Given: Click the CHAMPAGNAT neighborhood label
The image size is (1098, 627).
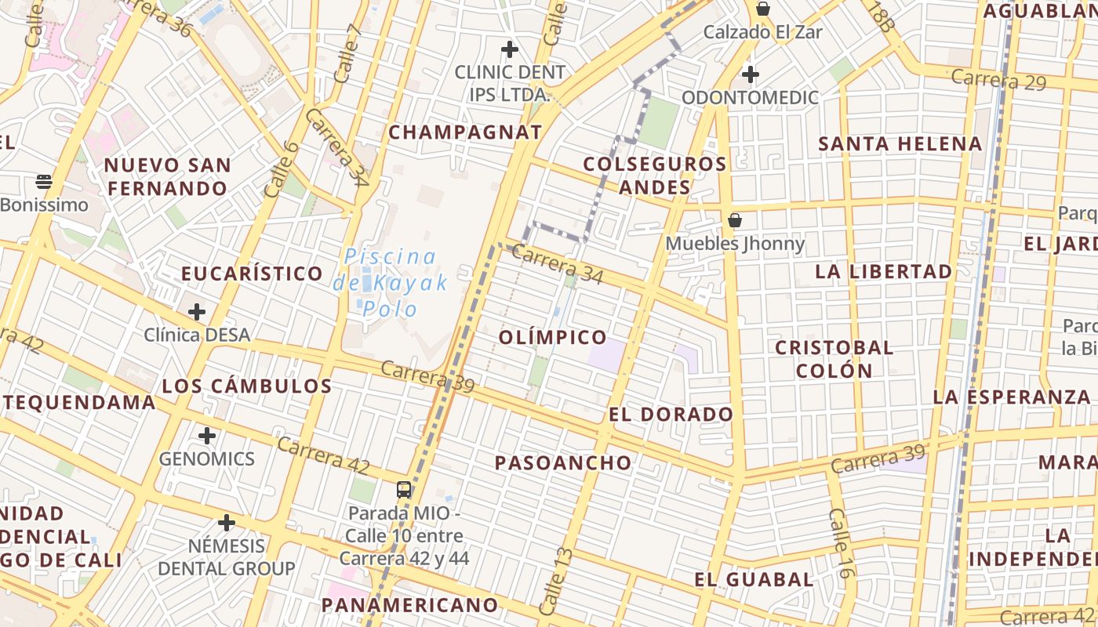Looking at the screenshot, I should point(465,132).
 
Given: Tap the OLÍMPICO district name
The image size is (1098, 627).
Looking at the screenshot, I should point(553,338).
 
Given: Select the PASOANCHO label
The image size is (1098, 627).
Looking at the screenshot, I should point(563,463).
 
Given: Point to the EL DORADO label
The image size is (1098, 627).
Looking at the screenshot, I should point(671,415).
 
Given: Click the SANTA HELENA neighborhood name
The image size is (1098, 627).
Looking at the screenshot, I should point(900,144).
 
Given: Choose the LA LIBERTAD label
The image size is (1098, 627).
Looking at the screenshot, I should point(884,272).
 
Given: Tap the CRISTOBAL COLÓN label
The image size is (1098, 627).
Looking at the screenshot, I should point(834,359).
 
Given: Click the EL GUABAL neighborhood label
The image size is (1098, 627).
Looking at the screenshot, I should point(754,580).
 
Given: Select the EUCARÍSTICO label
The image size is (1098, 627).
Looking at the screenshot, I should point(252,274).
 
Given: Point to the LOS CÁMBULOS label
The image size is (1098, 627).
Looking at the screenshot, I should point(247,386).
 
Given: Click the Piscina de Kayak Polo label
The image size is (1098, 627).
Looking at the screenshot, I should point(391,282).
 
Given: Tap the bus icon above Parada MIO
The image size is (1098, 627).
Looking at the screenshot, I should point(404,490).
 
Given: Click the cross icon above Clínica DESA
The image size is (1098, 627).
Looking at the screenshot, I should point(197,312).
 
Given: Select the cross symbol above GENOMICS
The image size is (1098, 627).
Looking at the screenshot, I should point(207,436).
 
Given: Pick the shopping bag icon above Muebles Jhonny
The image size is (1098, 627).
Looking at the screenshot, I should point(735,220).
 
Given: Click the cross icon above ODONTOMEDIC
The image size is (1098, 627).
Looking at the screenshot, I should point(751,74).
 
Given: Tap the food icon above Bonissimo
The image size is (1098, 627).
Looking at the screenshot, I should point(44,182).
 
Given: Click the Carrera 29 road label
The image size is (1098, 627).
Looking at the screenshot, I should point(998,80).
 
